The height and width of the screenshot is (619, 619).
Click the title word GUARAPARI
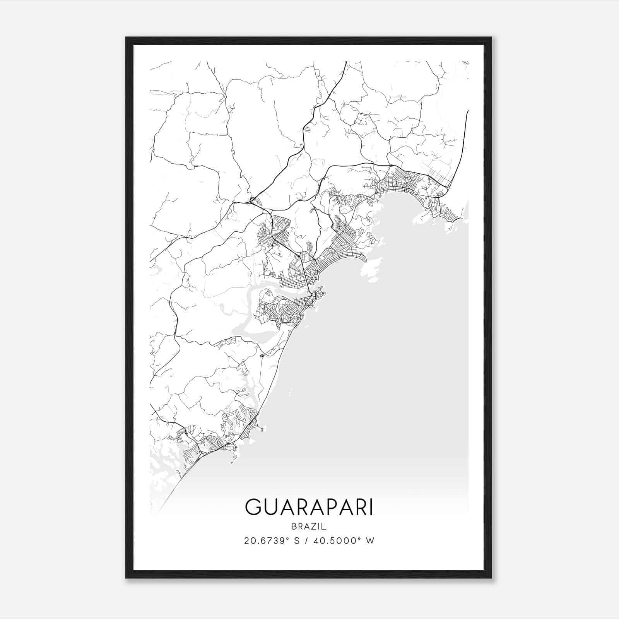pos(309,508)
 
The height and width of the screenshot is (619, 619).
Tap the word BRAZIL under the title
pos(309,527)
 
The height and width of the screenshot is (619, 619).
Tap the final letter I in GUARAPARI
pos(371,508)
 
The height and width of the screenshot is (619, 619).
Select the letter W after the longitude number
pos(370,541)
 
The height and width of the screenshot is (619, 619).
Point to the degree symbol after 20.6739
pos(290,538)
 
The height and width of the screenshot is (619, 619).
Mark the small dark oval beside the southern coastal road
pos(262,356)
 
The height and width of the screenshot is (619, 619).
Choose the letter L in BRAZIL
pos(325,527)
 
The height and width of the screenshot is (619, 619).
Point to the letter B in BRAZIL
pos(294,527)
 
